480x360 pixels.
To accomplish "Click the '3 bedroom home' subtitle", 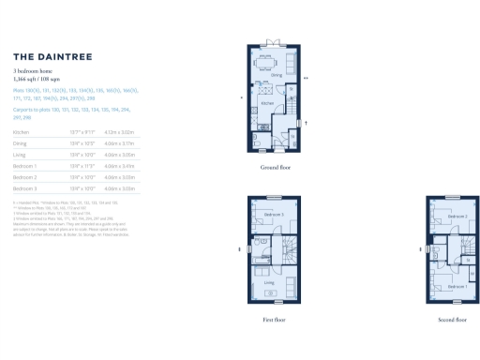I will tap(32, 71).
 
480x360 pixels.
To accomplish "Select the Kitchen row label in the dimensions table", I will tap(22, 133).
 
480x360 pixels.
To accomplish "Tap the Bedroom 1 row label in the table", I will tap(25, 165).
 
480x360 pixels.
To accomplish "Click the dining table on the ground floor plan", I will tap(274, 64).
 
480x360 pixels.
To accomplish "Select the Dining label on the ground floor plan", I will tap(277, 76).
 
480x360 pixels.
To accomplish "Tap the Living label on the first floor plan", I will tap(268, 281).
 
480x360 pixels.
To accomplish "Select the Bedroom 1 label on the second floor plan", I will tap(456, 285).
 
